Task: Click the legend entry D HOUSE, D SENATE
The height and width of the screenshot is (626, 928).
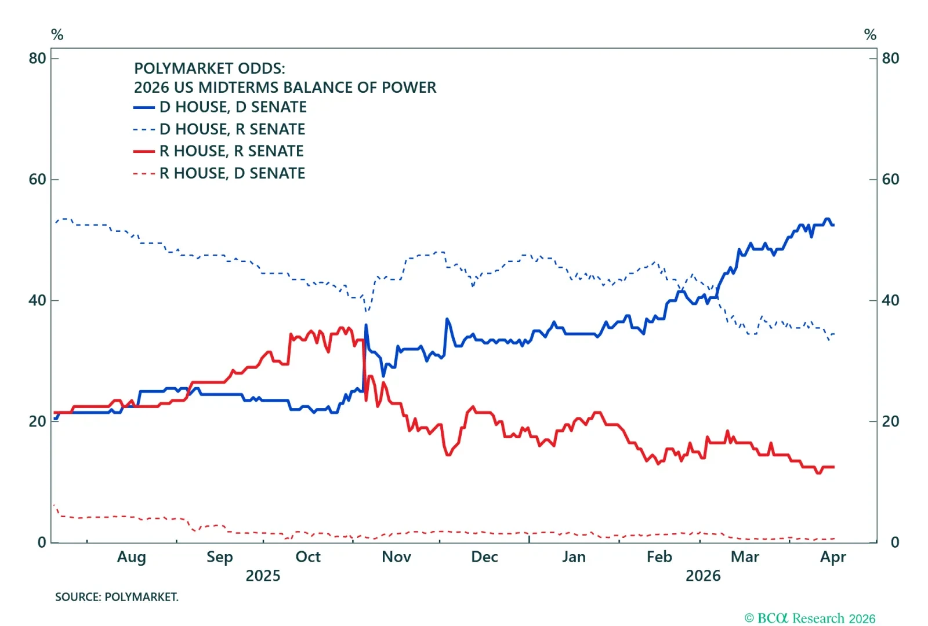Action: [233, 107]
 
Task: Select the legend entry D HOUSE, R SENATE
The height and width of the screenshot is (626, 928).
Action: [232, 129]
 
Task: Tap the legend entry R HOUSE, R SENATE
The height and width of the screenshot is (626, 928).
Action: [231, 151]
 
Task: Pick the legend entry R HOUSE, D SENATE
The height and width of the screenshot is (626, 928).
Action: [232, 173]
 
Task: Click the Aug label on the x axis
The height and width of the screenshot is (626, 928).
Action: [132, 557]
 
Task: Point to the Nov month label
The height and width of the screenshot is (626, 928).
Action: [396, 557]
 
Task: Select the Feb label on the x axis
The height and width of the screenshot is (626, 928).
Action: [659, 557]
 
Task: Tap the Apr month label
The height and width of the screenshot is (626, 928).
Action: [833, 558]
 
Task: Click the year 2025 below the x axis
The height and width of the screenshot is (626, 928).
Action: [263, 576]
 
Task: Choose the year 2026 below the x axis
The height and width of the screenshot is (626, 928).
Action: [703, 576]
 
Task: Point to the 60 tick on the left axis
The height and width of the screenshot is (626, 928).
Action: [37, 180]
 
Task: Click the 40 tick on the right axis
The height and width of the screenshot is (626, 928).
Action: [890, 300]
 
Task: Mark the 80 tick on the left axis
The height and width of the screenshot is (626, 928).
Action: [37, 59]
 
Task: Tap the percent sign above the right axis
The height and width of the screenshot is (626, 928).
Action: [870, 35]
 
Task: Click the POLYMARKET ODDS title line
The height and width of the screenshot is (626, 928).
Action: [209, 68]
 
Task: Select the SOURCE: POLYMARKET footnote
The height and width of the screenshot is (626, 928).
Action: [117, 597]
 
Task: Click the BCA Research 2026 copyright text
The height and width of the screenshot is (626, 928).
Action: [810, 618]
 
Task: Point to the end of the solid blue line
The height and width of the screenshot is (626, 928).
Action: [833, 225]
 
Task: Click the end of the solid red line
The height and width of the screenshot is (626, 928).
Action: [833, 467]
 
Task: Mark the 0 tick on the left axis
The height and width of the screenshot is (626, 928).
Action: [42, 543]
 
